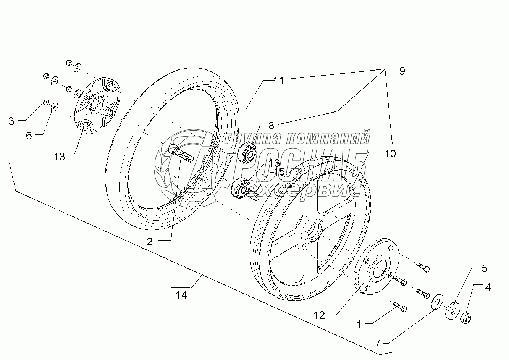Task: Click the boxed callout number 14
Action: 181,295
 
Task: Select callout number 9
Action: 402,71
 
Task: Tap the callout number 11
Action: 278,81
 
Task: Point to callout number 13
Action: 59,157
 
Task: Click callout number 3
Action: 11,121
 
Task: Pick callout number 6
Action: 29,136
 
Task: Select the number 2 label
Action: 149,242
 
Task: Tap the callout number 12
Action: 319,315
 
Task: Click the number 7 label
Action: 378,343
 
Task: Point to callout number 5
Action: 484,269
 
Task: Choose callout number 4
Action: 488,287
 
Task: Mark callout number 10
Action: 390,154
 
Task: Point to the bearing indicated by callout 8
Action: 247,153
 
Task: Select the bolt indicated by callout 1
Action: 400,307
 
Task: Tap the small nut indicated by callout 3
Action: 45,102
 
